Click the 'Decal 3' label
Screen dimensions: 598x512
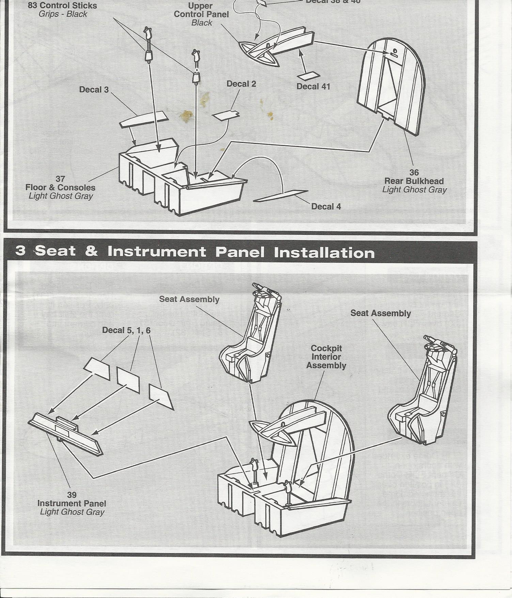tap(94, 90)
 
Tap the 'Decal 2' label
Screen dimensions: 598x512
tap(241, 84)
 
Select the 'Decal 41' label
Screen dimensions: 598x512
tap(313, 86)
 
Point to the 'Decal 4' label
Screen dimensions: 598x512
tap(326, 206)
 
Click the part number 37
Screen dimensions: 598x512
tap(60, 179)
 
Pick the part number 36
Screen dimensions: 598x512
tap(414, 173)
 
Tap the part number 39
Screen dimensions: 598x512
tap(72, 495)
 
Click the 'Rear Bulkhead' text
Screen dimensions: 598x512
tap(414, 181)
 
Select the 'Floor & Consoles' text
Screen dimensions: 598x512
tap(60, 188)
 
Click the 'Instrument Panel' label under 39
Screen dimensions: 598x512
tap(72, 503)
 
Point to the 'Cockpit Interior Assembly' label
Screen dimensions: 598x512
tap(326, 357)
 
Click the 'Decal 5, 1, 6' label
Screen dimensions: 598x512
tap(126, 330)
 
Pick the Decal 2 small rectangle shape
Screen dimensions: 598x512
tap(226, 115)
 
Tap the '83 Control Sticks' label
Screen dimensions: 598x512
tap(62, 6)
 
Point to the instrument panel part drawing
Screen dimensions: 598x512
tap(65, 432)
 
